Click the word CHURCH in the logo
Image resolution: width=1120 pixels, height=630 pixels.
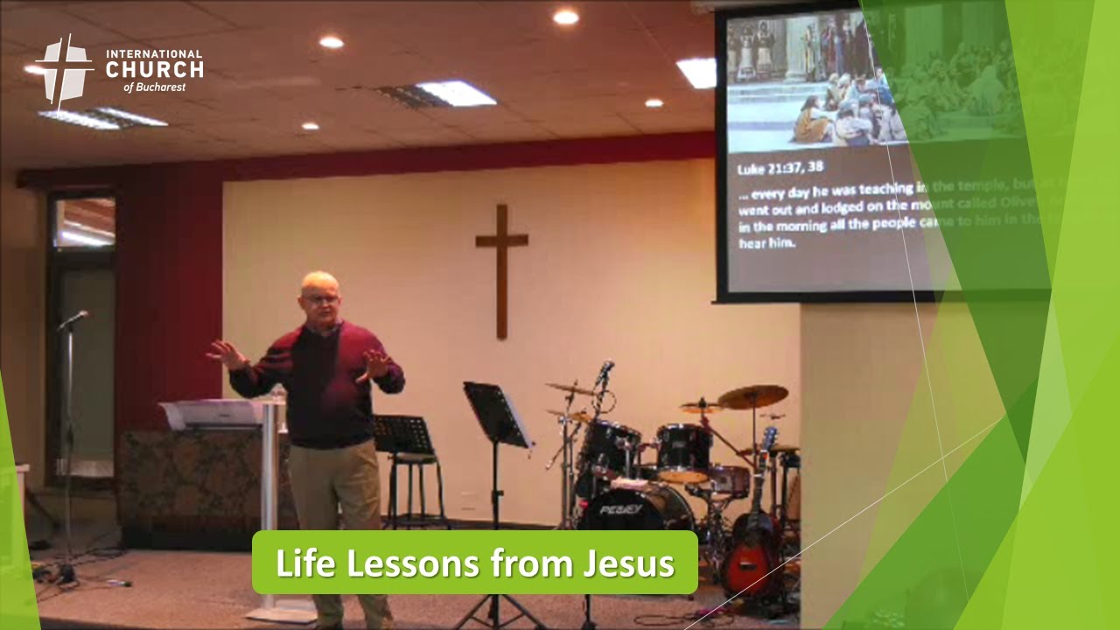click(x=154, y=70)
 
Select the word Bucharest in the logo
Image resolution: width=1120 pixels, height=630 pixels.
click(x=159, y=87)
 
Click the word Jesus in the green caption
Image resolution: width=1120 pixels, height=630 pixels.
click(x=629, y=563)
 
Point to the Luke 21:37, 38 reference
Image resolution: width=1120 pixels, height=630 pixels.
click(x=780, y=167)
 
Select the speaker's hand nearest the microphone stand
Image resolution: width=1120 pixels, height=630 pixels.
click(x=225, y=353)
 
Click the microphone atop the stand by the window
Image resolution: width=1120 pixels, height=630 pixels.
click(x=75, y=318)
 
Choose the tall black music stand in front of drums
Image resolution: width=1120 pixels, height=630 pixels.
click(x=496, y=416)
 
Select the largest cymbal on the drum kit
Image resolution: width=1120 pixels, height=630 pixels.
click(x=752, y=396)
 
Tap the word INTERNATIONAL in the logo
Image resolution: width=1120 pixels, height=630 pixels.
click(x=154, y=53)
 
